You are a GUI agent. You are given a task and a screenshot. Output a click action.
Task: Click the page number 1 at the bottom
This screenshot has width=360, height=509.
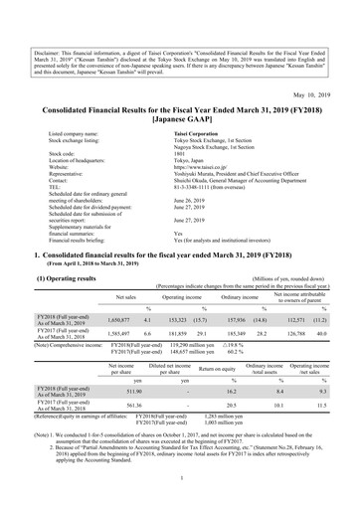180,492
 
